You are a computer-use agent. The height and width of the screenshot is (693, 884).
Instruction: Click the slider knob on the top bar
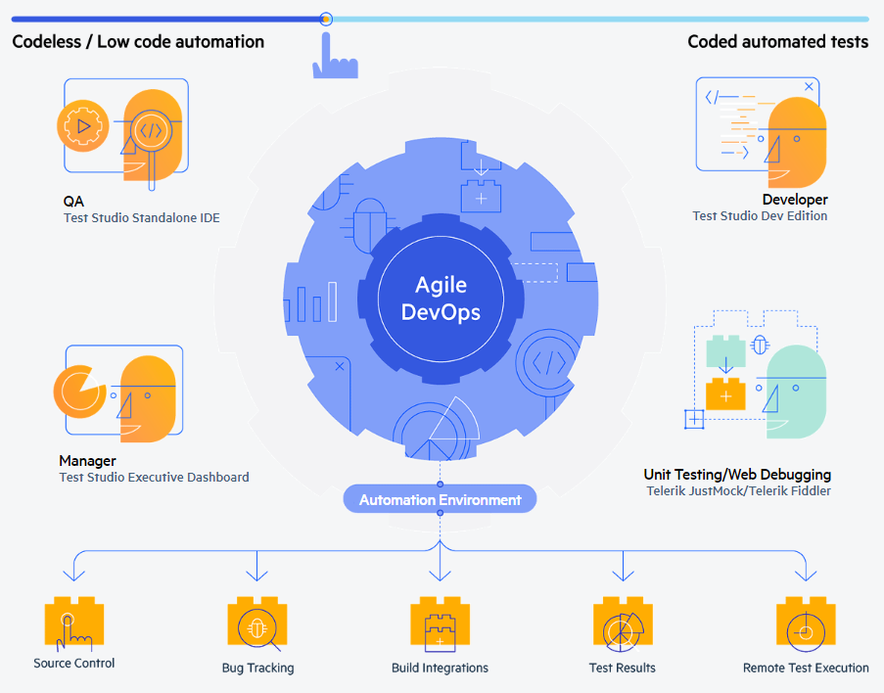coord(325,20)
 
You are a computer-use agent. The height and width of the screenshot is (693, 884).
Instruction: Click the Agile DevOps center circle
coord(441,299)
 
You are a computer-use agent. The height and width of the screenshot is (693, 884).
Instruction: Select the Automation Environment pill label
coord(440,499)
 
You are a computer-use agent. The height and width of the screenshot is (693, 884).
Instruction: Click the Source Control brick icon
coord(74,623)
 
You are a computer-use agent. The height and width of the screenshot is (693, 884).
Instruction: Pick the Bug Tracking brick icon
coord(257,623)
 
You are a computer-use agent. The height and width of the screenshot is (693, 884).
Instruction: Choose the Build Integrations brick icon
coord(441,623)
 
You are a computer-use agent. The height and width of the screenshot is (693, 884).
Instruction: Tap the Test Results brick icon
coord(623,623)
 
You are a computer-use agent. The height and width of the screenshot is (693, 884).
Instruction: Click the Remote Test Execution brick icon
coord(806,623)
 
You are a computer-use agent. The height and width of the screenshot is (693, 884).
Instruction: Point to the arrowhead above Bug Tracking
coord(257,575)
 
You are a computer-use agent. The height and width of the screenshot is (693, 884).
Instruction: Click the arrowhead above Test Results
coord(623,575)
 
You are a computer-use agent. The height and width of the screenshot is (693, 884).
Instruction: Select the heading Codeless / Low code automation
coord(138,42)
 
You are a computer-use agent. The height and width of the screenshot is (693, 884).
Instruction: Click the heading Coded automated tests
coord(778,42)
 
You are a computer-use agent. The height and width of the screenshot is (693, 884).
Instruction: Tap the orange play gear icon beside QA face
coord(83,125)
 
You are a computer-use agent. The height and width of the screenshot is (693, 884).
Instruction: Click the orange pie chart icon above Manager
coord(79,392)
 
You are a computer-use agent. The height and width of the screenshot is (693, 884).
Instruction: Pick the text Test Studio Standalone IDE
coord(142,217)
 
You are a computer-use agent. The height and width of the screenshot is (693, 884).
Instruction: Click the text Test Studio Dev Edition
coord(760,216)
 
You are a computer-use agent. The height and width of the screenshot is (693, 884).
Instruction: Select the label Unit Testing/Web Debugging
coord(737,474)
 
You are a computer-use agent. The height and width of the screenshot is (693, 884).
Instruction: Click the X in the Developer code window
coord(809,86)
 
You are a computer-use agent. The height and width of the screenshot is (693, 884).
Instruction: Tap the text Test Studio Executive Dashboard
coord(154,477)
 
